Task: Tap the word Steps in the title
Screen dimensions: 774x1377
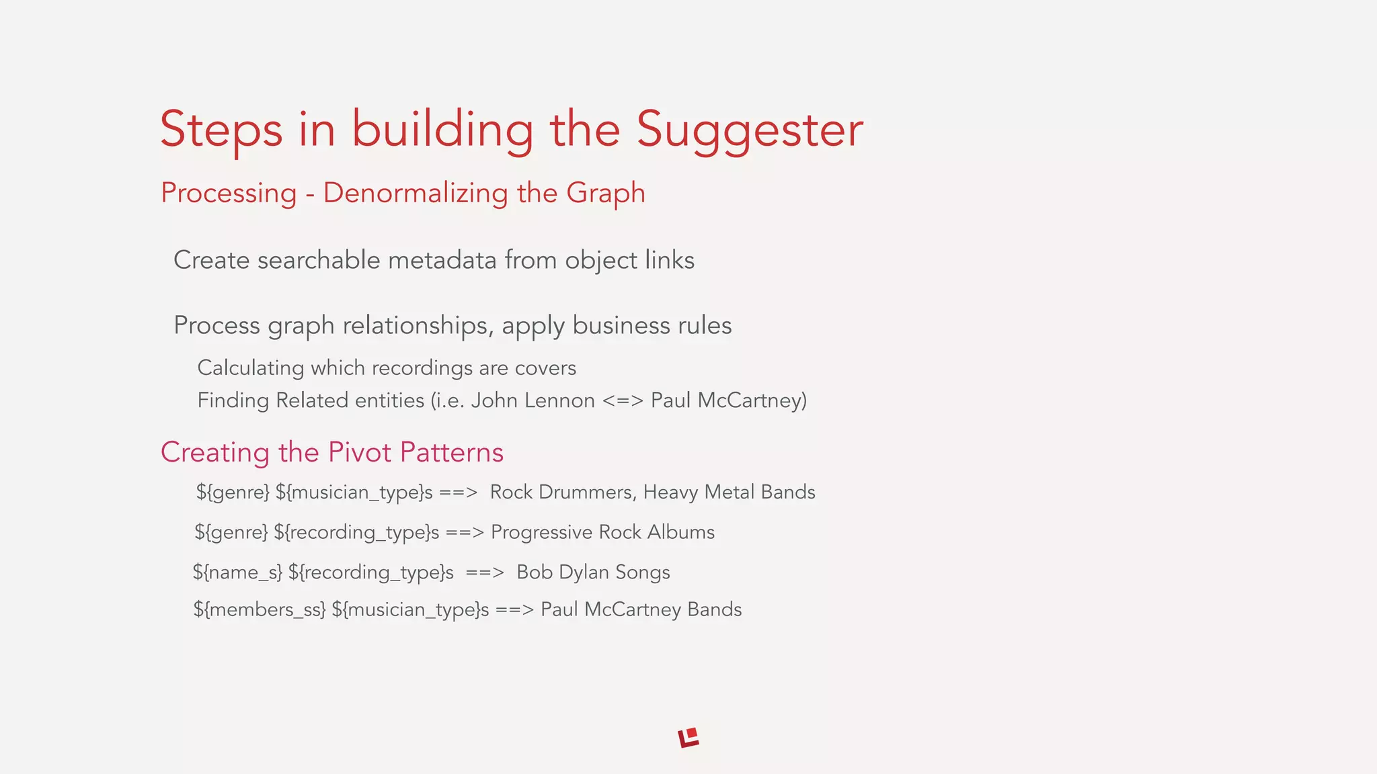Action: point(221,130)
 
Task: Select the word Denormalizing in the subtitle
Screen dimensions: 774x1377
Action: point(416,193)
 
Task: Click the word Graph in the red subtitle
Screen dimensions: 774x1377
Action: point(605,193)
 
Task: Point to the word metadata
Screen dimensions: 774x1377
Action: point(442,260)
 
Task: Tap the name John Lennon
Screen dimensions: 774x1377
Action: point(533,400)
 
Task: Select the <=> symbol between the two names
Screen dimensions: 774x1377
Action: point(623,400)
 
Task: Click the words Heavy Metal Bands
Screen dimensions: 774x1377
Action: point(729,492)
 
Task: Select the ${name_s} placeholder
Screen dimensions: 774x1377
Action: point(237,572)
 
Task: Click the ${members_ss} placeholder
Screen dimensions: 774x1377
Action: point(259,609)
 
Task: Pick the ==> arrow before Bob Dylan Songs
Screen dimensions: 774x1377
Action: point(484,572)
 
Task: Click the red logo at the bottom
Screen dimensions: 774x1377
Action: point(688,738)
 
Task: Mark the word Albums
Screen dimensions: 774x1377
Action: point(680,532)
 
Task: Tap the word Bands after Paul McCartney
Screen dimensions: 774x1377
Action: point(714,609)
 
